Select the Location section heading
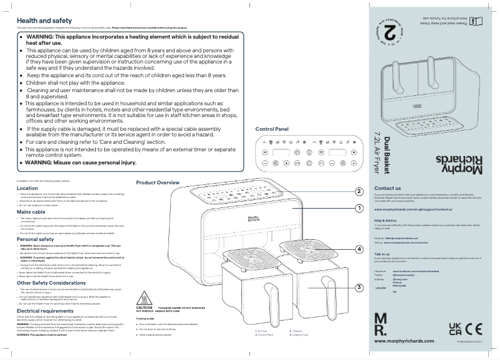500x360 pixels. (x=27, y=188)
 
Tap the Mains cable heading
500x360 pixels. (x=31, y=212)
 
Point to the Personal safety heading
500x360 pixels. (x=35, y=239)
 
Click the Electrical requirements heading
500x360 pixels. (x=45, y=310)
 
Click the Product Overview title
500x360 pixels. (x=158, y=182)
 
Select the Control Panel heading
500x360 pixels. (x=272, y=129)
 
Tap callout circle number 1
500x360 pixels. (x=359, y=208)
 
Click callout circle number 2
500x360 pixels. (x=359, y=191)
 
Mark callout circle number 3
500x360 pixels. (x=359, y=287)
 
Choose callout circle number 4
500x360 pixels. (x=359, y=249)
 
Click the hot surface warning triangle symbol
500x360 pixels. (x=144, y=296)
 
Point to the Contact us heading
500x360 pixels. (x=387, y=187)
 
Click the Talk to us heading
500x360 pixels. (x=382, y=254)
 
